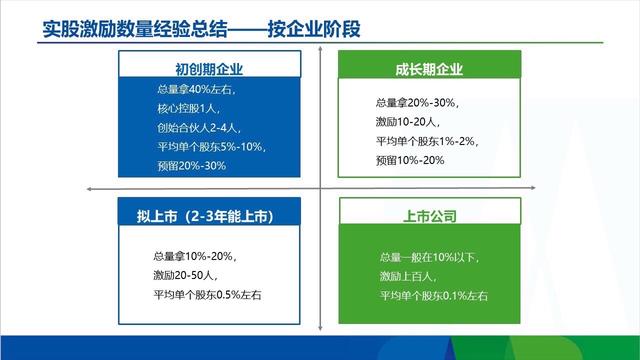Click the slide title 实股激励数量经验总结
[x=130, y=27]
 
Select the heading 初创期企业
[x=209, y=69]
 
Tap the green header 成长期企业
[x=428, y=69]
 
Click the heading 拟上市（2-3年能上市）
[x=210, y=216]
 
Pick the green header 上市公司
[x=428, y=216]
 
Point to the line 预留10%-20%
[x=410, y=160]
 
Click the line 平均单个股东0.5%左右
[x=208, y=292]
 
